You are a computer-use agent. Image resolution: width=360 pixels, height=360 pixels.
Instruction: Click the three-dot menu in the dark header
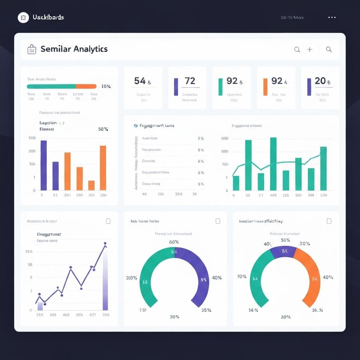[332, 17]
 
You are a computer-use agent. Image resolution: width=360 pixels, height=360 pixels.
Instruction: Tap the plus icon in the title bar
[309, 50]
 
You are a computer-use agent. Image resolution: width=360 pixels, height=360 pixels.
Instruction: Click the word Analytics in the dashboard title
[91, 49]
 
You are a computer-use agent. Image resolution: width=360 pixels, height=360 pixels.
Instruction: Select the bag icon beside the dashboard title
[32, 50]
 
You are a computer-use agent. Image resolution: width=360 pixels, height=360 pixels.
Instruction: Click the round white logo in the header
[23, 17]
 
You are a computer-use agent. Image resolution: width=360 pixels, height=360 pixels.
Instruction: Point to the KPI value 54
[140, 81]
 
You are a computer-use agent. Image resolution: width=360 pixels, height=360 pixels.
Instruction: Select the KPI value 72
[190, 81]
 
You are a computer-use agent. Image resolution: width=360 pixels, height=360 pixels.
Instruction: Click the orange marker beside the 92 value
[265, 87]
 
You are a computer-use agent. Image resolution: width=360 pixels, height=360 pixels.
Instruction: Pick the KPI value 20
[320, 81]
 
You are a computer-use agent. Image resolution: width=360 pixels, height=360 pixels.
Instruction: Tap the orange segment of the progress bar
[86, 86]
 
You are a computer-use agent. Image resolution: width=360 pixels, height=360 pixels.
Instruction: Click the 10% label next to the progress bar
[106, 86]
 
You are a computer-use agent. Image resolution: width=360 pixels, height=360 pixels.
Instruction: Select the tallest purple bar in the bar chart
[44, 165]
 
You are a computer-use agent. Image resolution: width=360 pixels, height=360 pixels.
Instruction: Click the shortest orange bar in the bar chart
[91, 185]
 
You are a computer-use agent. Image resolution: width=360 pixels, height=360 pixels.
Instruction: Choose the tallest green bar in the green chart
[273, 164]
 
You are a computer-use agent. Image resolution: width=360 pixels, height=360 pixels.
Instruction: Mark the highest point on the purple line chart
[105, 243]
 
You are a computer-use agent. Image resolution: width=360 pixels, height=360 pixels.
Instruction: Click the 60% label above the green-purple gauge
[174, 242]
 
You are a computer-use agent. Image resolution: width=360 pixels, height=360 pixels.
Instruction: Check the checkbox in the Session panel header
[329, 221]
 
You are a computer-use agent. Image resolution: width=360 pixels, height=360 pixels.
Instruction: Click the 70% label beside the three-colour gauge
[242, 277]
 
